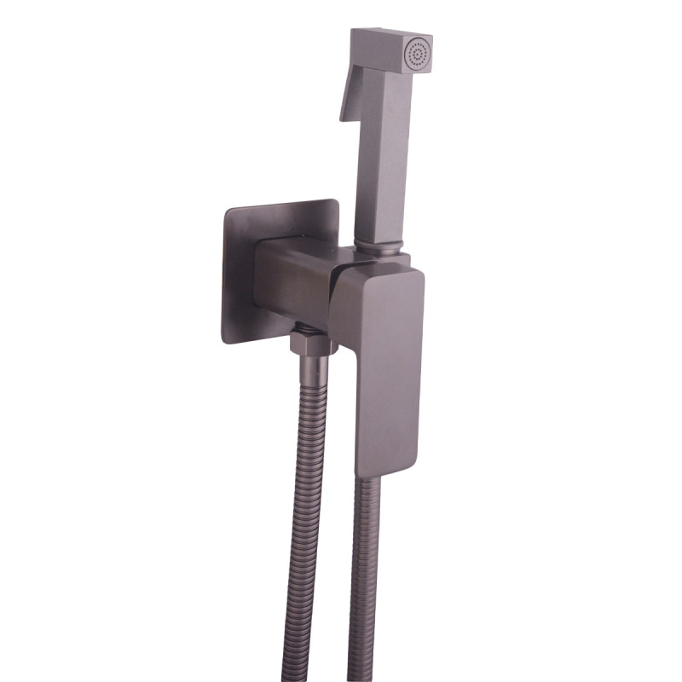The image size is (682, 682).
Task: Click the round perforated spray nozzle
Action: tap(419, 55)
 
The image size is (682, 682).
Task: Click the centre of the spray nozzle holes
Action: tap(419, 55)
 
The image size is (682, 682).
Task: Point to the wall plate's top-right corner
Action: tap(334, 203)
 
